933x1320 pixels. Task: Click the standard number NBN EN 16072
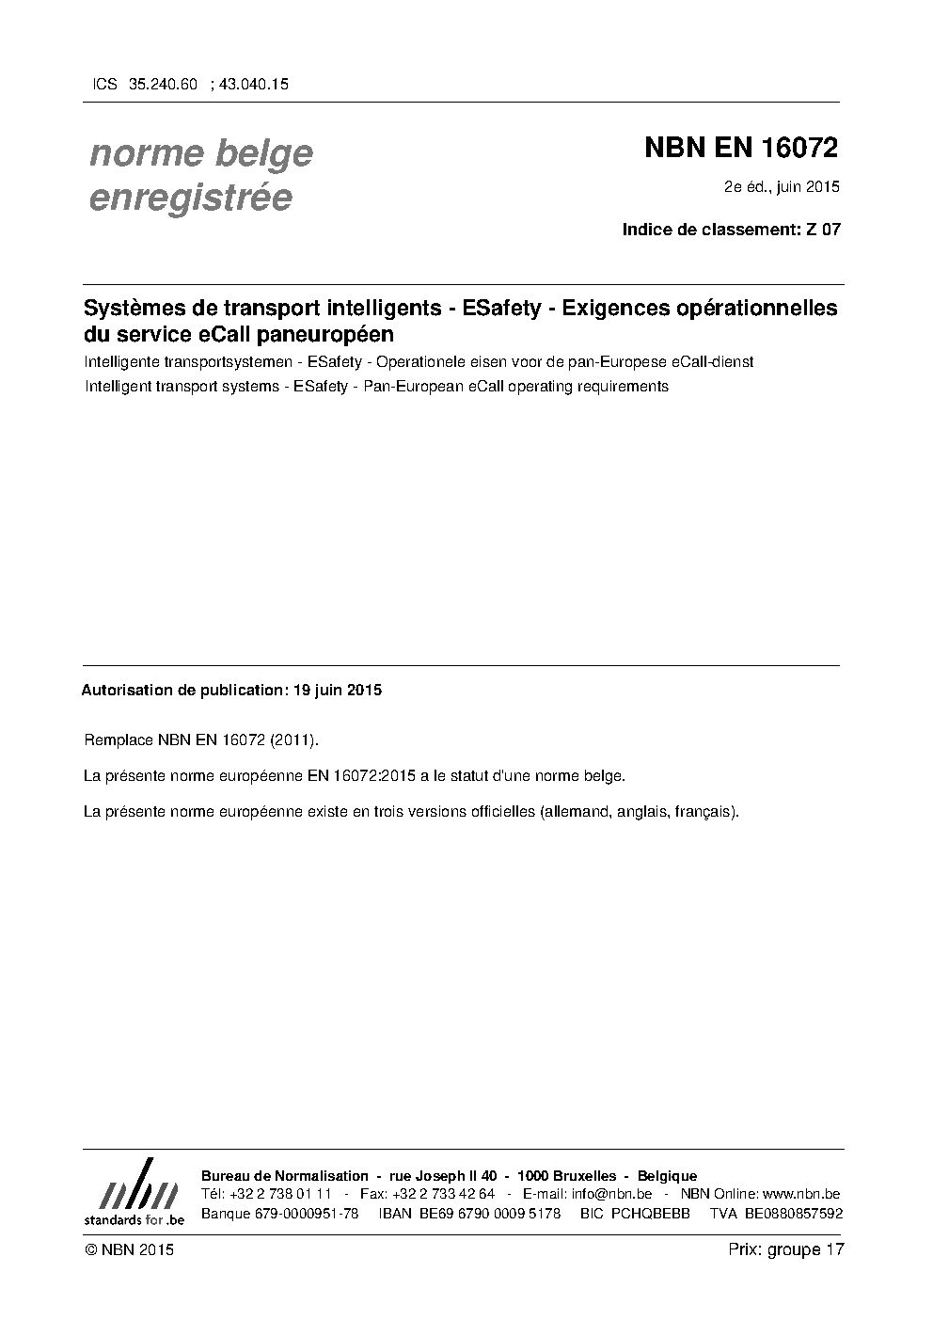pyautogui.click(x=740, y=149)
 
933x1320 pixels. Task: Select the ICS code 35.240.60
pyautogui.click(x=163, y=84)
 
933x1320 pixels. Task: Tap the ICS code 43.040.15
pyautogui.click(x=253, y=84)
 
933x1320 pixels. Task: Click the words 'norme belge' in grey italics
pyautogui.click(x=200, y=153)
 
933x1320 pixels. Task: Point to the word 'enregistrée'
pyautogui.click(x=190, y=198)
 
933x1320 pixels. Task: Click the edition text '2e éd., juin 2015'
pyautogui.click(x=781, y=186)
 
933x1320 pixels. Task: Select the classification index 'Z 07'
pyautogui.click(x=823, y=229)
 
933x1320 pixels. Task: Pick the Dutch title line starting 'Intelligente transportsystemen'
pyautogui.click(x=418, y=362)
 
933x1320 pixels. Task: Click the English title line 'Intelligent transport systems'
pyautogui.click(x=375, y=386)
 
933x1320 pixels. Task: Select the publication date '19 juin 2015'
pyautogui.click(x=337, y=690)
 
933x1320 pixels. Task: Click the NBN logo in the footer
pyautogui.click(x=134, y=1191)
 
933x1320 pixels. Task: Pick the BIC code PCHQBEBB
pyautogui.click(x=650, y=1214)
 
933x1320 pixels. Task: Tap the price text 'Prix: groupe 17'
pyautogui.click(x=785, y=1249)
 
